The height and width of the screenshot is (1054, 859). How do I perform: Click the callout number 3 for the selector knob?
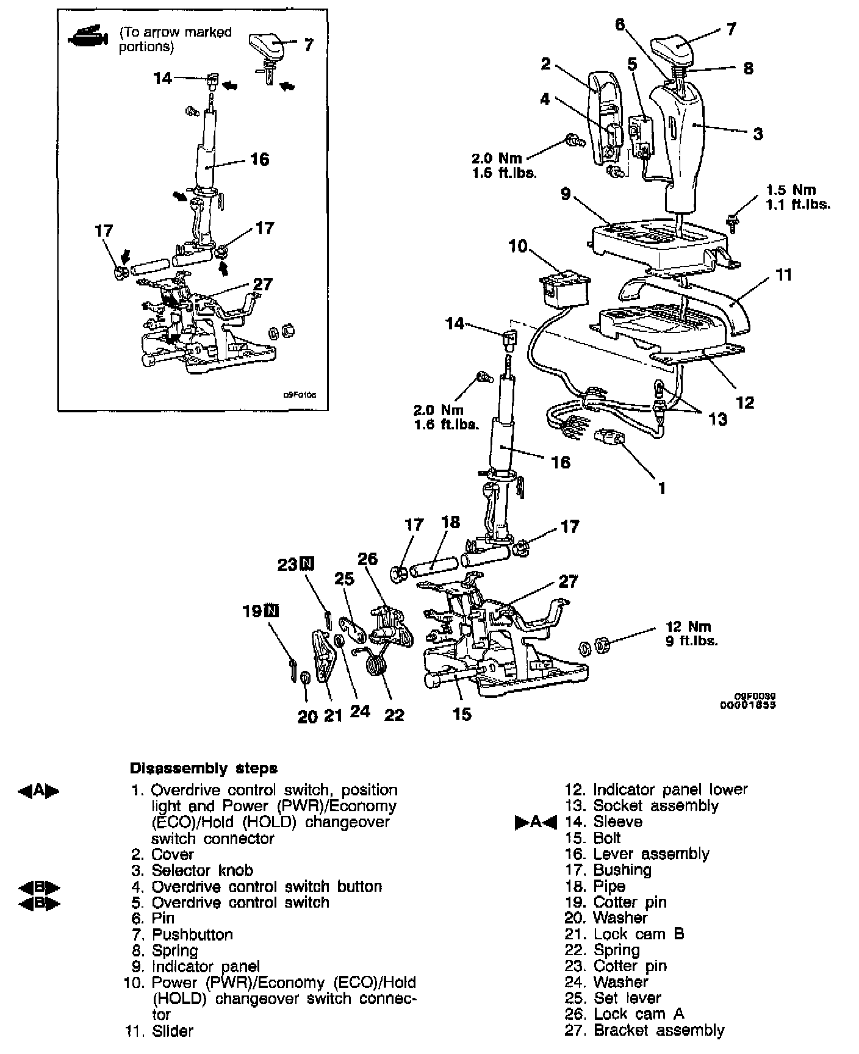point(758,134)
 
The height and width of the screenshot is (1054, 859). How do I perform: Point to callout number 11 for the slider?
point(783,275)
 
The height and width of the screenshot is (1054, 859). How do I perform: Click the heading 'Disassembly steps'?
point(204,768)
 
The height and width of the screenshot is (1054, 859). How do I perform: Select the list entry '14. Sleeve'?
point(595,822)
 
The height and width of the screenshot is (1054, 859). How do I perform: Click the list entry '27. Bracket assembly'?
point(644,1031)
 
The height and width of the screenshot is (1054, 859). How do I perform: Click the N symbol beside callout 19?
point(271,611)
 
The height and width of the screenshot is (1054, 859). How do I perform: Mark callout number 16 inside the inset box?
point(259,159)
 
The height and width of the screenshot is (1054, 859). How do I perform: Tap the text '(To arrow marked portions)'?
point(175,39)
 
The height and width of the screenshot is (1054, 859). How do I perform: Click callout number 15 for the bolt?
point(462,713)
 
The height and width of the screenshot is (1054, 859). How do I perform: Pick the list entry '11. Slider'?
point(159,1031)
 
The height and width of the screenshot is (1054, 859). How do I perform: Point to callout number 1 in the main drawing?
point(662,487)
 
